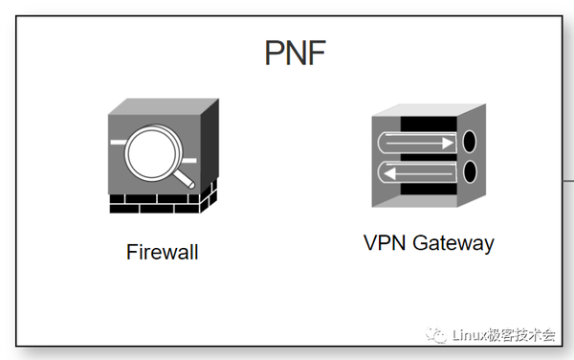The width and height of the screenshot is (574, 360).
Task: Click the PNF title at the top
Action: (x=296, y=53)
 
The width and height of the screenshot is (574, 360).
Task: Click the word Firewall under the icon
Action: (x=162, y=253)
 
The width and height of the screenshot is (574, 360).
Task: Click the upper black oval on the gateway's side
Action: (x=470, y=142)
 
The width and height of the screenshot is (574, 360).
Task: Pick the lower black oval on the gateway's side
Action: (x=470, y=172)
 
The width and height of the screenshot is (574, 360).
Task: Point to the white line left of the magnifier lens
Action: (x=118, y=142)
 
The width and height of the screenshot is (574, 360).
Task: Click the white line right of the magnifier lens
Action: (x=191, y=159)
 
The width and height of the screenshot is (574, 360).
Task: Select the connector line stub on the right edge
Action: (x=567, y=179)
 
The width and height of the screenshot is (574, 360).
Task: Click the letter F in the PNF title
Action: (x=315, y=53)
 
